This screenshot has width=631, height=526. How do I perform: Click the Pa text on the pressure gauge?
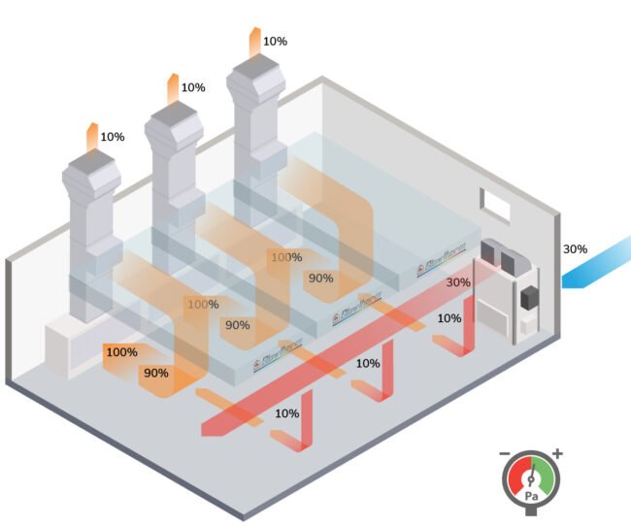(531, 496)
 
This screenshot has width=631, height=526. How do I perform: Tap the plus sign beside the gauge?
(557, 454)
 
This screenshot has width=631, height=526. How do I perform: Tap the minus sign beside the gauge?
(505, 454)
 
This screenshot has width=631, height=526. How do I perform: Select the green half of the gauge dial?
(546, 476)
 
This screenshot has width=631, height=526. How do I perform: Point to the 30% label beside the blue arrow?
(575, 248)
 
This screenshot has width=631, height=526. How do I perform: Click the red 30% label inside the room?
(458, 282)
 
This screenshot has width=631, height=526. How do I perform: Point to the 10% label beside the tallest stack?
(275, 42)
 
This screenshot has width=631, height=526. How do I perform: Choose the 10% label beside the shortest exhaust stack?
(113, 137)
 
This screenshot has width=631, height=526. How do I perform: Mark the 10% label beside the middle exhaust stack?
(193, 87)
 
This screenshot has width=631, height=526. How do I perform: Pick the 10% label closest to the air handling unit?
(448, 318)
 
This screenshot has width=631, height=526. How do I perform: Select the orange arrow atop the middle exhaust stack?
(171, 86)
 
